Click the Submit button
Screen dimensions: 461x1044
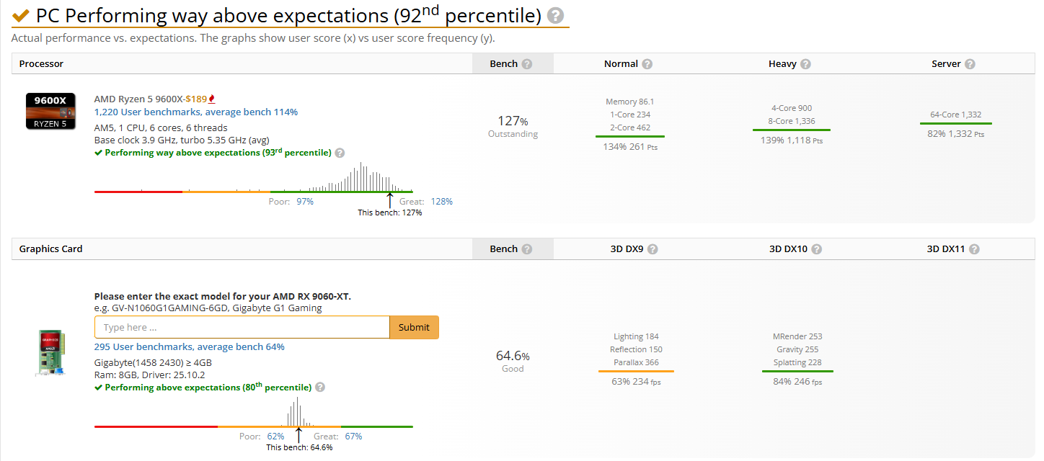pyautogui.click(x=414, y=327)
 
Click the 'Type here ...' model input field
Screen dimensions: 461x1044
pyautogui.click(x=242, y=327)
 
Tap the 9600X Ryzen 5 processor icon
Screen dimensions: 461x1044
pyautogui.click(x=50, y=111)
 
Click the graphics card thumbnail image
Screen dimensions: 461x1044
pyautogui.click(x=50, y=353)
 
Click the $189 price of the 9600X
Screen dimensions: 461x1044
pyautogui.click(x=198, y=99)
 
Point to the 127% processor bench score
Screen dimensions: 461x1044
pyautogui.click(x=513, y=120)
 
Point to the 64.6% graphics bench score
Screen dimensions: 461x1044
pyautogui.click(x=513, y=356)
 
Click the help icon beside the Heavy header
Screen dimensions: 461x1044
pyautogui.click(x=805, y=64)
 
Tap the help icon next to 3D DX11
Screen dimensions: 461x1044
pyautogui.click(x=974, y=249)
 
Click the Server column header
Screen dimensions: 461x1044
pyautogui.click(x=946, y=64)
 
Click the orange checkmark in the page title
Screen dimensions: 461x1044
pyautogui.click(x=21, y=15)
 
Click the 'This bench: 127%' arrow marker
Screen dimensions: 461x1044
pyautogui.click(x=390, y=199)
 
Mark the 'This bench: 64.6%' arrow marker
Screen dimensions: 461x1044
pyautogui.click(x=298, y=434)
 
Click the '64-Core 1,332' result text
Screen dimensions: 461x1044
pyautogui.click(x=955, y=115)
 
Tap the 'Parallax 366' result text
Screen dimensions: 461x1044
pyautogui.click(x=636, y=362)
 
